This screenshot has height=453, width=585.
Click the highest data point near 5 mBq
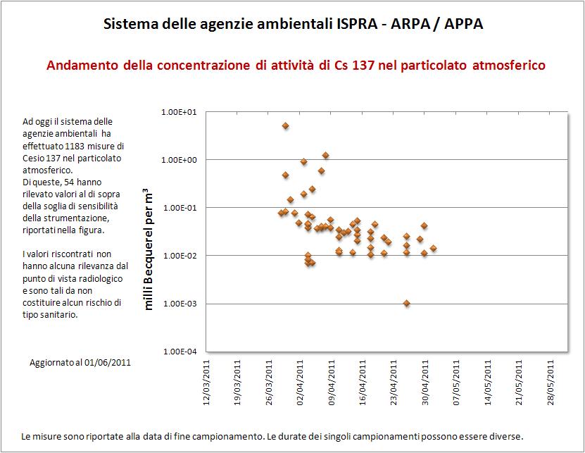[286, 126]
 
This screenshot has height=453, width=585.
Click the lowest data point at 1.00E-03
[407, 303]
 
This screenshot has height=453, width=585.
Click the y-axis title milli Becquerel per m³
[149, 249]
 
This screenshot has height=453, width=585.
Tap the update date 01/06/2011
[106, 363]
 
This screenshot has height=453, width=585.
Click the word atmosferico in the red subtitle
[510, 66]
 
